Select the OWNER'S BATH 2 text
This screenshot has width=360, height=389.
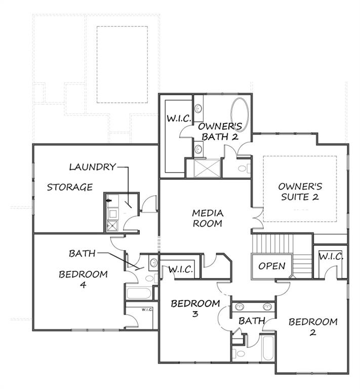click(218, 131)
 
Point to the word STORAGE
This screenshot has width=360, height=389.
click(70, 187)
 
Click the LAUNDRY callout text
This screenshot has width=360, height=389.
click(92, 167)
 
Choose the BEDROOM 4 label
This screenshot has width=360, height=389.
click(83, 280)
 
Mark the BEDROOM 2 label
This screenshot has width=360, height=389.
click(313, 327)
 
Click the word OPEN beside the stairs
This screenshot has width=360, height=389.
click(272, 266)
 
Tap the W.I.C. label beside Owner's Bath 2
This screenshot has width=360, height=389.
click(179, 119)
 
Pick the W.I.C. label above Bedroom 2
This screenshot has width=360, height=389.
click(331, 257)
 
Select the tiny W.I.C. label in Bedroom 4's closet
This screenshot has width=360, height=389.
click(147, 309)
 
